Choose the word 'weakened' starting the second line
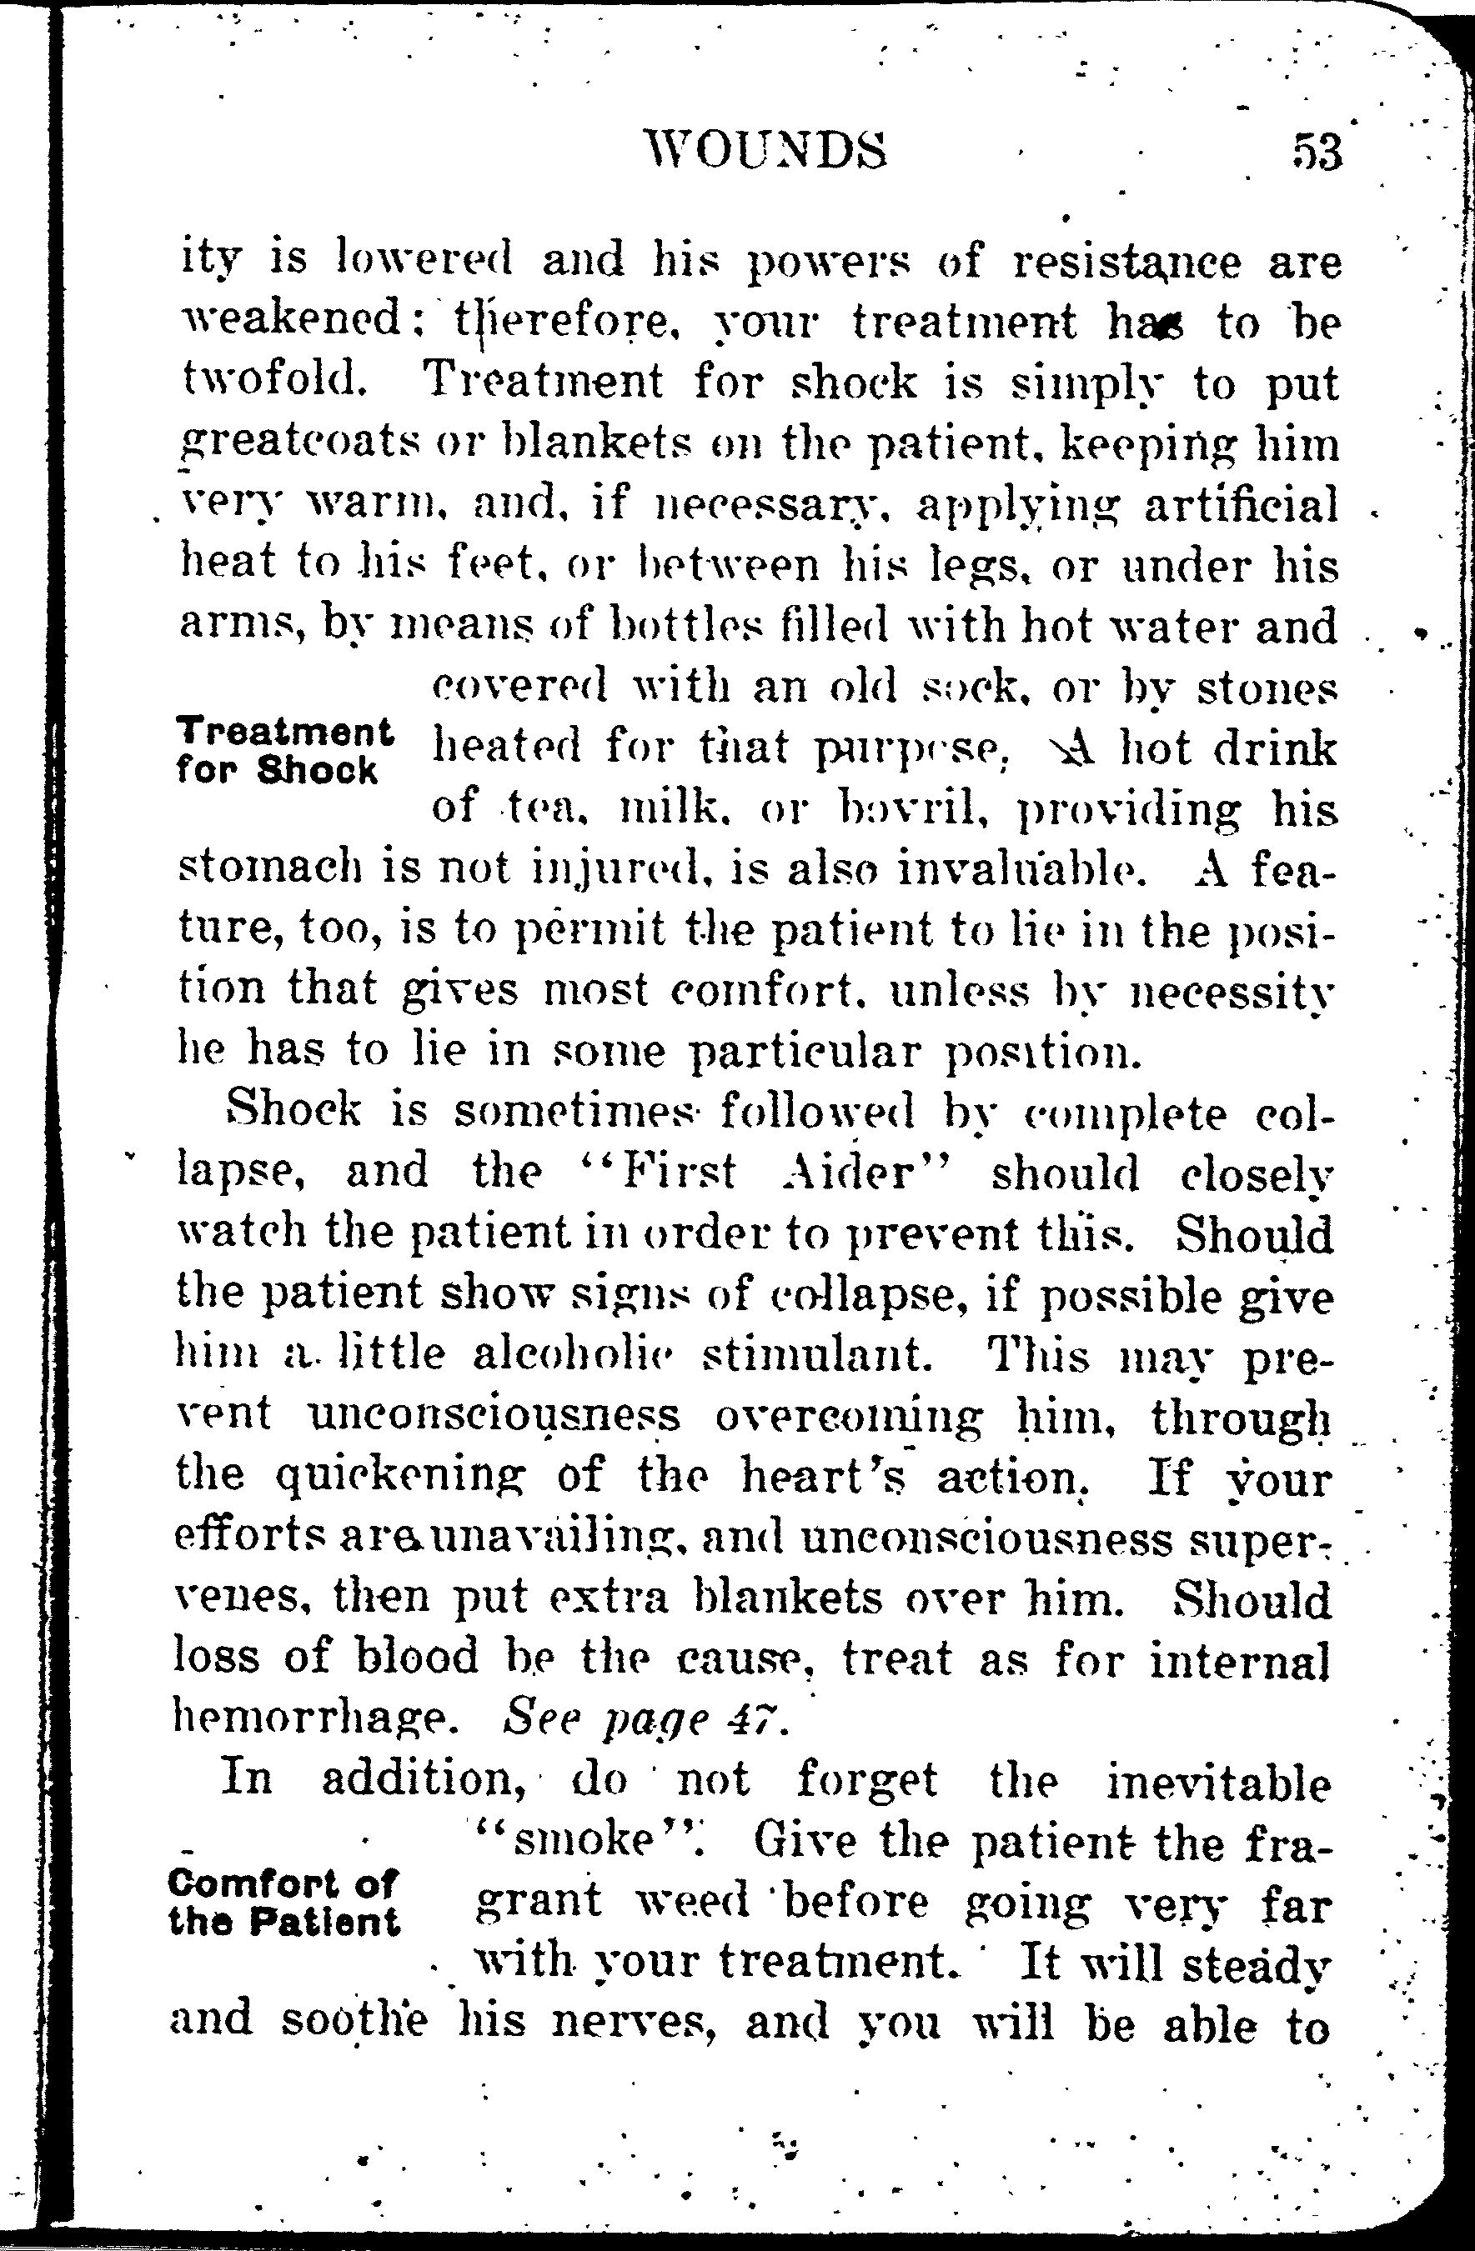(288, 322)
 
